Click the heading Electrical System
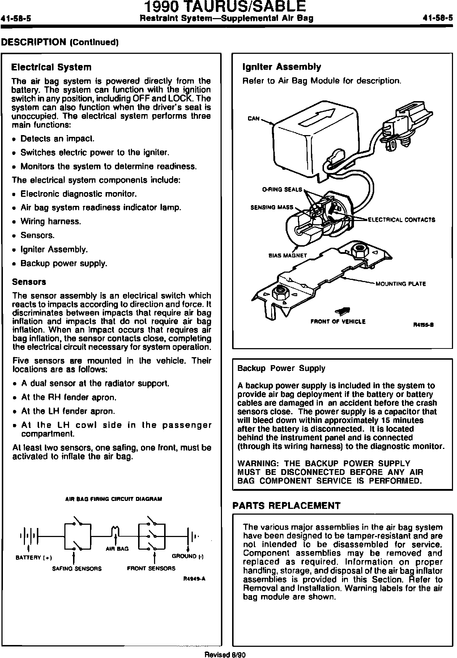click(51, 67)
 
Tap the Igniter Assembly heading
click(281, 67)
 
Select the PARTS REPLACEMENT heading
click(286, 506)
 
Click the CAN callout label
click(253, 119)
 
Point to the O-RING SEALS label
click(282, 190)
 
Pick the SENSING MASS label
click(272, 208)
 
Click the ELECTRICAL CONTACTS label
click(401, 220)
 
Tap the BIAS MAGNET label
click(287, 255)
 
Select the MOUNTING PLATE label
click(401, 284)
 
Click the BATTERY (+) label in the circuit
click(34, 558)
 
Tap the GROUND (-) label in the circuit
click(188, 556)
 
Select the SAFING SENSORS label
click(77, 568)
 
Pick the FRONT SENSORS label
click(151, 568)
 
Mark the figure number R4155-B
click(423, 325)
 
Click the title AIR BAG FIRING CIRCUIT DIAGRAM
click(114, 499)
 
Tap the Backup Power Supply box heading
click(281, 368)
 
